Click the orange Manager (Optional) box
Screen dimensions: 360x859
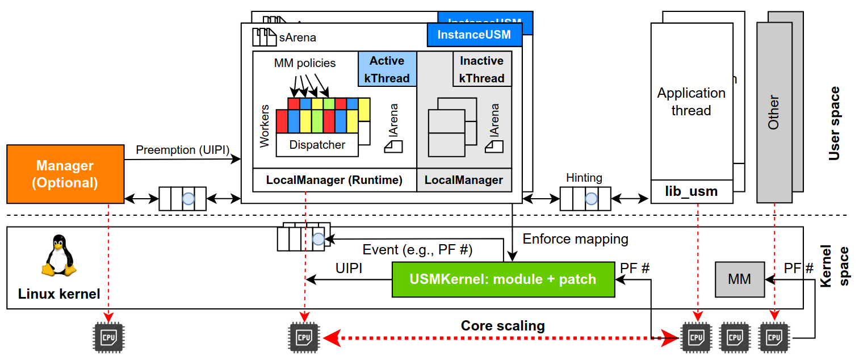pyautogui.click(x=65, y=174)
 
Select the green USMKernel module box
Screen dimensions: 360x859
pyautogui.click(x=503, y=279)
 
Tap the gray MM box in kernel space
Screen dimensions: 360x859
pyautogui.click(x=739, y=279)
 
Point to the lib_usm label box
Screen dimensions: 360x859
pyautogui.click(x=691, y=192)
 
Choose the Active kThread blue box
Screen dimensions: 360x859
pyautogui.click(x=387, y=69)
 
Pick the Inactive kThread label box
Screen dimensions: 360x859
pyautogui.click(x=481, y=69)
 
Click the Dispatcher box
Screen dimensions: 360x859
pyautogui.click(x=317, y=145)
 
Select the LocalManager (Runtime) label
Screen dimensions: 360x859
pyautogui.click(x=334, y=181)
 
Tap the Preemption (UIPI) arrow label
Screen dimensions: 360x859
pyautogui.click(x=182, y=150)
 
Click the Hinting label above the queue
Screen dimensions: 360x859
pyautogui.click(x=584, y=178)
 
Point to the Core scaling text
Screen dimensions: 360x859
pyautogui.click(x=502, y=326)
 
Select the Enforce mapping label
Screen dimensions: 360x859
pyautogui.click(x=575, y=239)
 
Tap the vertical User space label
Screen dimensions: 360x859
pyautogui.click(x=833, y=123)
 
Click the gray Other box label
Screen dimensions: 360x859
pyautogui.click(x=773, y=112)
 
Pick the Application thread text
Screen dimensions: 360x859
pyautogui.click(x=691, y=102)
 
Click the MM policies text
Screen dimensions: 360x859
pyautogui.click(x=305, y=63)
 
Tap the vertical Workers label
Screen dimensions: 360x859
pyautogui.click(x=265, y=126)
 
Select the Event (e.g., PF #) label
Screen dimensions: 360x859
pyautogui.click(x=417, y=250)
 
